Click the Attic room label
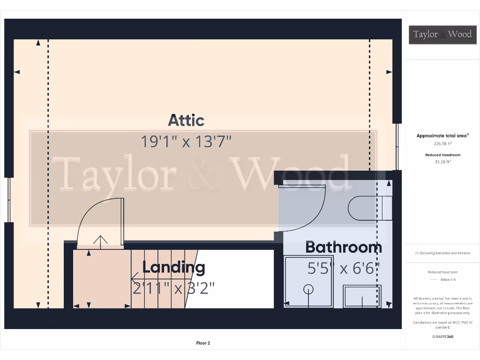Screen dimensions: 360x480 186,120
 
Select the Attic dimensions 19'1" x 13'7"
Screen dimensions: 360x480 187,142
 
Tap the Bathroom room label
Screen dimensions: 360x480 344,247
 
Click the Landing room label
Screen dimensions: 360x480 173,268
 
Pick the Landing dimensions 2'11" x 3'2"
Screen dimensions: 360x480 173,288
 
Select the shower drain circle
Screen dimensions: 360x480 308,289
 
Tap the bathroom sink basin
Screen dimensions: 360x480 362,296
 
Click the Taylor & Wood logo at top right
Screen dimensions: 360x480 442,34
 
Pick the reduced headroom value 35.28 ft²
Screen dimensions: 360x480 442,162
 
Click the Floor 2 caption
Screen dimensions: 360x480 203,343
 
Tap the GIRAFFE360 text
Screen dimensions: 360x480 442,337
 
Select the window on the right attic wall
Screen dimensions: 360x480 397,146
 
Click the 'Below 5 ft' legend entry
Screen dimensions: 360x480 442,279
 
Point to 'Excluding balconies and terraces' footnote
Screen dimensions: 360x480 442,253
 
